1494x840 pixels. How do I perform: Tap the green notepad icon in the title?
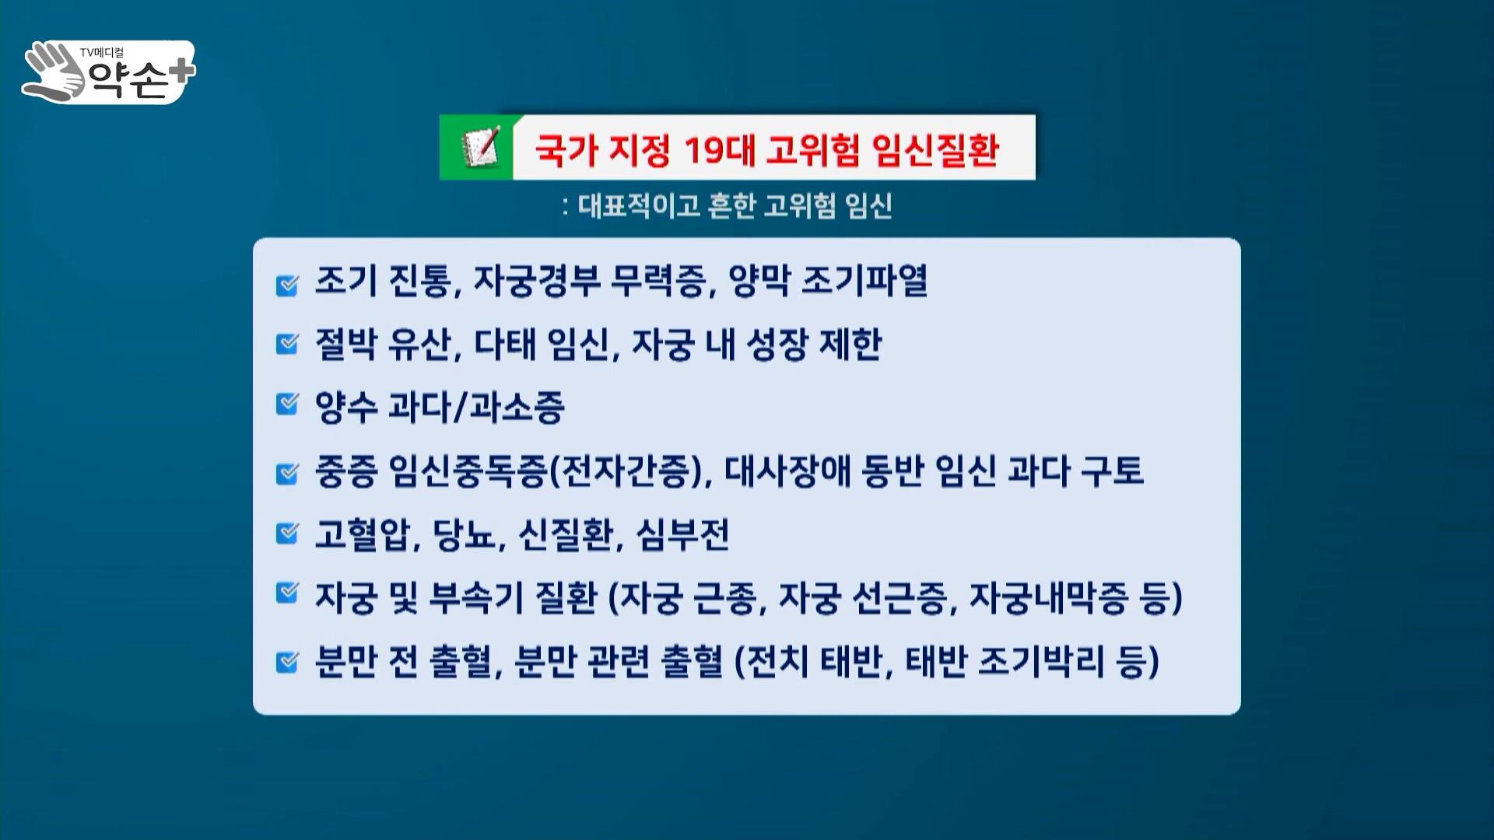480,147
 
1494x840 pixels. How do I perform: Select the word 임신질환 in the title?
935,149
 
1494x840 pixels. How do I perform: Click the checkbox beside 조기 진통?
287,285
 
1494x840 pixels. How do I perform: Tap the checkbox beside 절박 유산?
287,343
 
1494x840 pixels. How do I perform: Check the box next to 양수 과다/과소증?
287,404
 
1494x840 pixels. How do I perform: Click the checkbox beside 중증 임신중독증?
287,473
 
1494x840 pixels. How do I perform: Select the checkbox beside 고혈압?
287,534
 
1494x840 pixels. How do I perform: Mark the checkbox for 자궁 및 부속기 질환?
287,593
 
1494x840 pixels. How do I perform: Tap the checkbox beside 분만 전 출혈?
287,663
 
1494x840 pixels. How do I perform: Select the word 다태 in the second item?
505,344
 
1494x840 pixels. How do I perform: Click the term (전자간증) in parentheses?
629,471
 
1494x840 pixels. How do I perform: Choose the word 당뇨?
465,534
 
